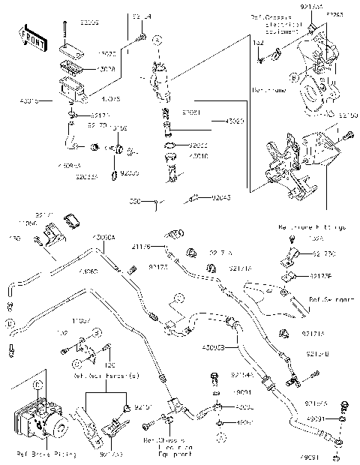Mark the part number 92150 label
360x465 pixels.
coord(348,116)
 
